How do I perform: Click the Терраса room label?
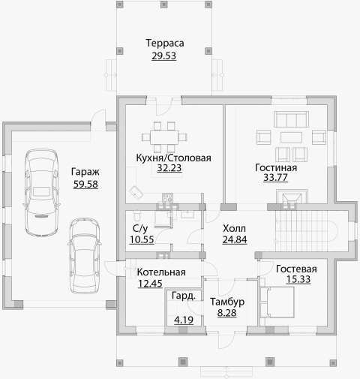[x=165, y=44]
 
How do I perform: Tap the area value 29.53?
[x=163, y=56]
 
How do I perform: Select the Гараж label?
[x=85, y=172]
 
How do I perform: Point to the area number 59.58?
[x=85, y=185]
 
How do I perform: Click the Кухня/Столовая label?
[x=173, y=158]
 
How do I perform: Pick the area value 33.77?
[x=275, y=178]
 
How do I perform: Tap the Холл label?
[x=234, y=228]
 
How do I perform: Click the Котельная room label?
[x=161, y=272]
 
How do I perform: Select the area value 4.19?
[x=184, y=320]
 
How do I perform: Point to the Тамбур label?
[x=227, y=302]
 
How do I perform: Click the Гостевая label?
[x=296, y=269]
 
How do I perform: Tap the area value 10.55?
[x=142, y=239]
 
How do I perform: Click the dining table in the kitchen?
[x=164, y=137]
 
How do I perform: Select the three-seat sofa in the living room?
[x=291, y=119]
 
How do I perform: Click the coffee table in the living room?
[x=291, y=137]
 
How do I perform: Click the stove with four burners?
[x=167, y=197]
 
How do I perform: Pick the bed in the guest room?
[x=277, y=302]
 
